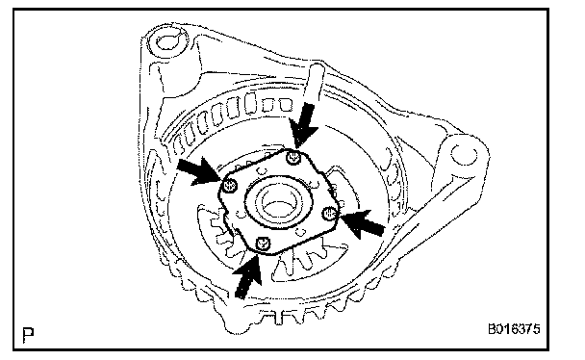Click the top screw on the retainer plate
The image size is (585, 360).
pyautogui.click(x=293, y=158)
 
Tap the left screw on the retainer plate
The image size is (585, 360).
pyautogui.click(x=229, y=186)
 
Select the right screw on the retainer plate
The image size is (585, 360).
pyautogui.click(x=329, y=214)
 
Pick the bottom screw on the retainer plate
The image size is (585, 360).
pyautogui.click(x=263, y=244)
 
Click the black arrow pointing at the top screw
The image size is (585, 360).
pyautogui.click(x=304, y=125)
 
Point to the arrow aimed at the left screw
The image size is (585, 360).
pyautogui.click(x=198, y=170)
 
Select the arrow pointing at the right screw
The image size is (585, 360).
pyautogui.click(x=363, y=223)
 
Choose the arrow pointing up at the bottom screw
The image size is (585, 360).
pyautogui.click(x=247, y=276)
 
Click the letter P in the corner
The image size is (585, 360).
pyautogui.click(x=28, y=335)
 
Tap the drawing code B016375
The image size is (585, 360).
pyautogui.click(x=514, y=329)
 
